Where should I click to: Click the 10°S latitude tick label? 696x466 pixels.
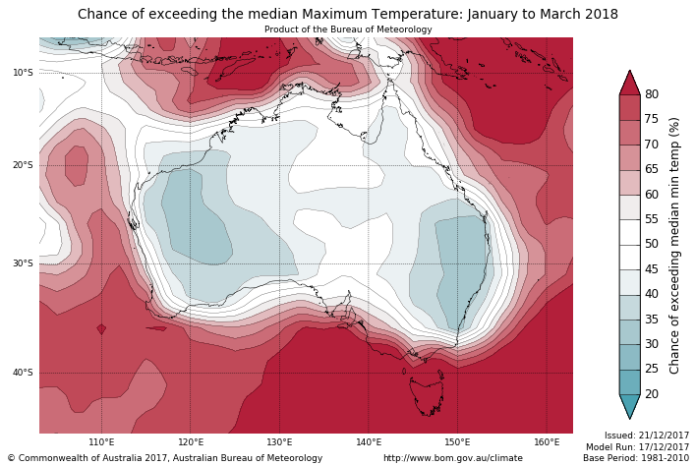(x=22, y=73)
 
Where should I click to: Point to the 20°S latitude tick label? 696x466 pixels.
(x=22, y=165)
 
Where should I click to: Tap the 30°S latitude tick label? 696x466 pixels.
(x=22, y=263)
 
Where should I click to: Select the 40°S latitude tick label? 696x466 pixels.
(x=22, y=373)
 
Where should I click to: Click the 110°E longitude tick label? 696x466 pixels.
(x=101, y=442)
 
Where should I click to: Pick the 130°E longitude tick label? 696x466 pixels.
(x=279, y=442)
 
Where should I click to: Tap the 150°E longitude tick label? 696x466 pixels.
(x=457, y=442)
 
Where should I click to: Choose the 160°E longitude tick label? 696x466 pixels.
(x=547, y=442)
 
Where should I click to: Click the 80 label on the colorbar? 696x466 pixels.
(x=652, y=94)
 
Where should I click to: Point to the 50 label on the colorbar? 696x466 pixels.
(x=652, y=244)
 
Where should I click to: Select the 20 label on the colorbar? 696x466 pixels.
(x=652, y=394)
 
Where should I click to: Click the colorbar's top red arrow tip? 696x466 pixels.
(x=630, y=72)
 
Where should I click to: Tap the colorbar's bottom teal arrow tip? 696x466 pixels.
(x=630, y=418)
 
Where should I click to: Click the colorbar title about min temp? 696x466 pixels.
(x=674, y=245)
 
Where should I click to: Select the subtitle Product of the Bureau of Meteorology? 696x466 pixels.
(x=348, y=29)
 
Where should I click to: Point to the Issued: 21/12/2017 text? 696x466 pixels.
(x=647, y=435)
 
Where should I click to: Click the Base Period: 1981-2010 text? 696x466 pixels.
(x=636, y=458)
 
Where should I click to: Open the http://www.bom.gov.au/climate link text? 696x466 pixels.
(x=453, y=458)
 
